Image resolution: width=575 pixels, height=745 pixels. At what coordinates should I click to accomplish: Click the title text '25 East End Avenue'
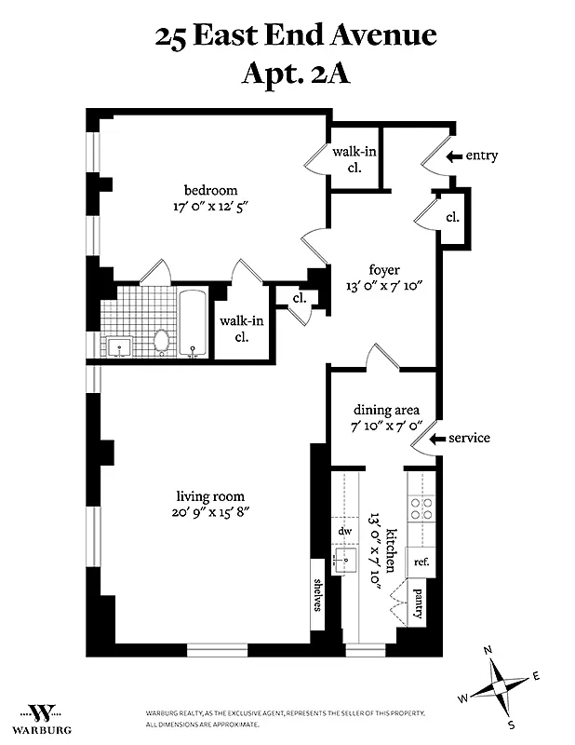click(296, 36)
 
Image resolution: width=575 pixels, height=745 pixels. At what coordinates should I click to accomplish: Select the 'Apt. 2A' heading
click(296, 72)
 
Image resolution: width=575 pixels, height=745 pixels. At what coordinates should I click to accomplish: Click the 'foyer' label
click(383, 270)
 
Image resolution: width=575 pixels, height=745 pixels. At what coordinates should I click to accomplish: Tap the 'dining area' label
click(386, 410)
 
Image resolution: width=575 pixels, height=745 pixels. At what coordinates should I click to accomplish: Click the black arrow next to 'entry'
click(453, 156)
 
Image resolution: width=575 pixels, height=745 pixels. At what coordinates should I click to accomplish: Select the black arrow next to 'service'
click(437, 438)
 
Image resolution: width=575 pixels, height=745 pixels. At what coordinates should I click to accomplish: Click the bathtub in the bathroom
click(194, 323)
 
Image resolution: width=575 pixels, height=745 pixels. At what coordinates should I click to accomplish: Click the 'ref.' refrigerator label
click(421, 562)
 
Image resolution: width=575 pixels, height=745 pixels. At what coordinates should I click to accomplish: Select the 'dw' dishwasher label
click(344, 531)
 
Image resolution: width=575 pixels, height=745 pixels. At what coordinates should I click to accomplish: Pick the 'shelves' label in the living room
click(318, 594)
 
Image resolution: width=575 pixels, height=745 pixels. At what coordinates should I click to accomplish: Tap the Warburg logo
click(42, 714)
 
